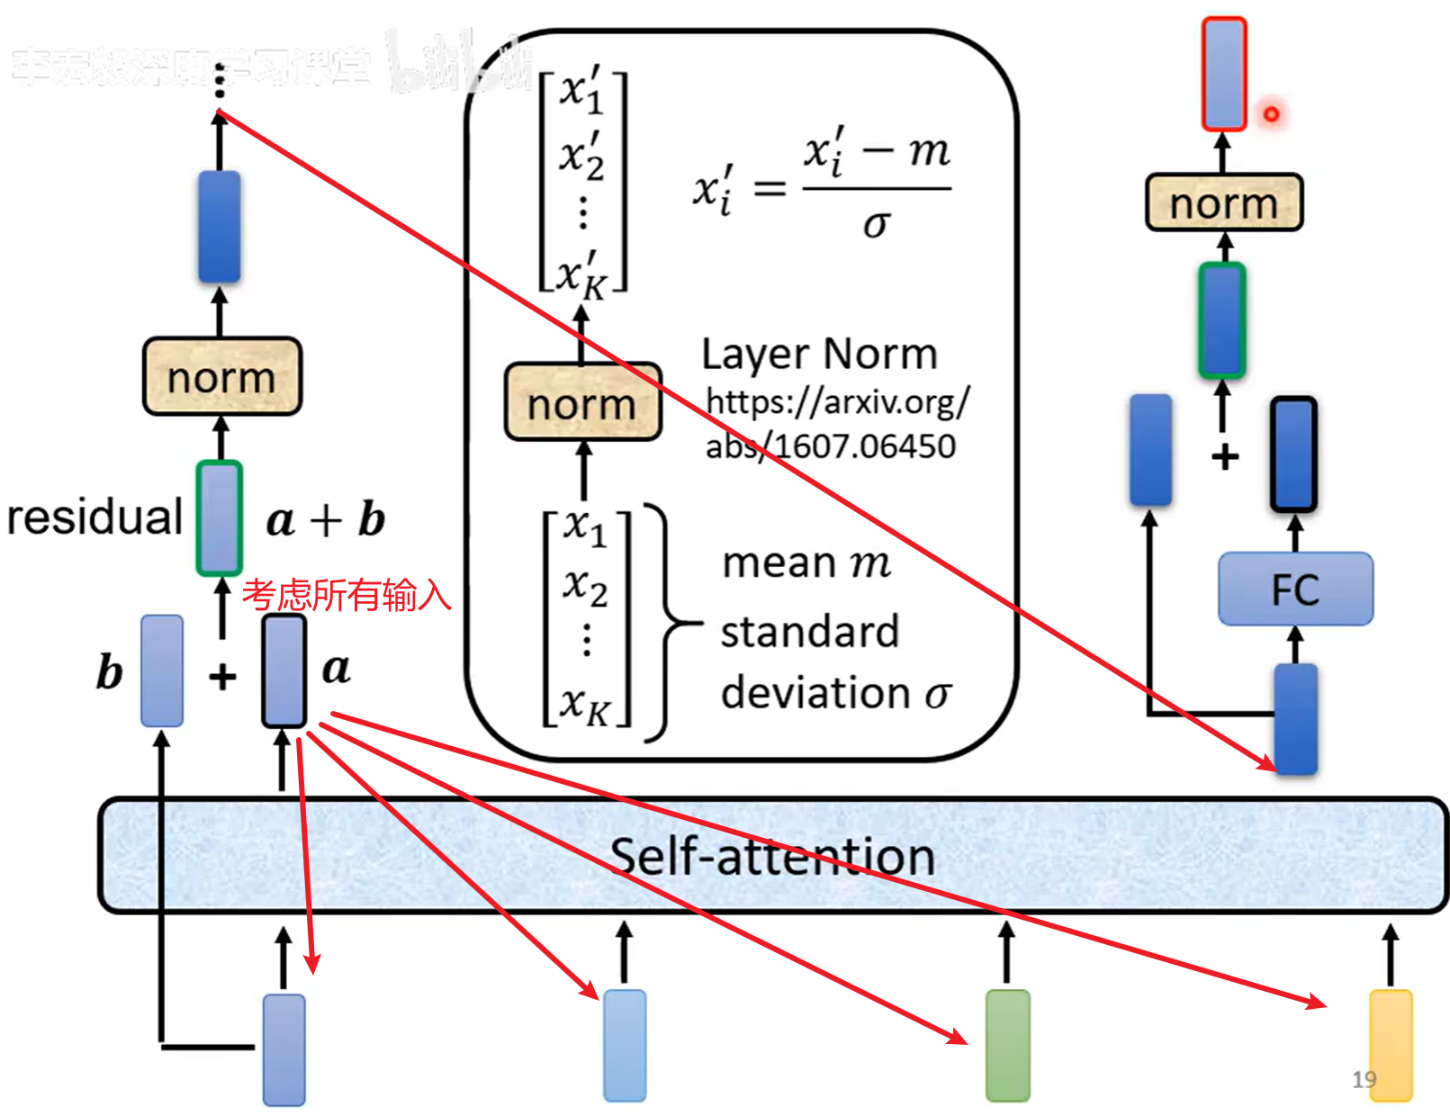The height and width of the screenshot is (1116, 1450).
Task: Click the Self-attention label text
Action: point(772,856)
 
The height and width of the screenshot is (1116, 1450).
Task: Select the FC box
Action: point(1295,589)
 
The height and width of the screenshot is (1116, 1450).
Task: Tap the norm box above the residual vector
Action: point(221,377)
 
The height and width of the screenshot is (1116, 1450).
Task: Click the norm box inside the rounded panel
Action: point(582,403)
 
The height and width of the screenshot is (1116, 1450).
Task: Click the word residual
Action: point(95,517)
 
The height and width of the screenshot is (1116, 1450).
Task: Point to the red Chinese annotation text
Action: point(347,595)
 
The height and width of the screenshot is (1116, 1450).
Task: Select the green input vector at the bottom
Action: point(1007,1046)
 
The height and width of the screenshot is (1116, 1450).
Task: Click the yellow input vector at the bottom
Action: point(1391,1046)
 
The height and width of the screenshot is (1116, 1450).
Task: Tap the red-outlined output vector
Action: point(1224,74)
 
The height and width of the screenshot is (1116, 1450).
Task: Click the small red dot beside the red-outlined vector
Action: point(1271,114)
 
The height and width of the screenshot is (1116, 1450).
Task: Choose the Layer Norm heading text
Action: point(819,354)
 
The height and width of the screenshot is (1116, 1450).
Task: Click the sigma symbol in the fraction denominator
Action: point(876,223)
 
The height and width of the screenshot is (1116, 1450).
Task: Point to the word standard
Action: point(810,632)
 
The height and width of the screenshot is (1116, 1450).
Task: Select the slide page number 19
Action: point(1364,1079)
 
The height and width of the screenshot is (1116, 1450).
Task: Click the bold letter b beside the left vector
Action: point(109,672)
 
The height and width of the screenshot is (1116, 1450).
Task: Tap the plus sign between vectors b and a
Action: point(222,676)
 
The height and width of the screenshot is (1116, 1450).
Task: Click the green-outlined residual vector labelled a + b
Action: point(220,518)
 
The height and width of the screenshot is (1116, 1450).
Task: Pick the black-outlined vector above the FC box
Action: point(1293,454)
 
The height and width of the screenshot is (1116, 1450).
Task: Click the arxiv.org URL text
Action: point(837,423)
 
